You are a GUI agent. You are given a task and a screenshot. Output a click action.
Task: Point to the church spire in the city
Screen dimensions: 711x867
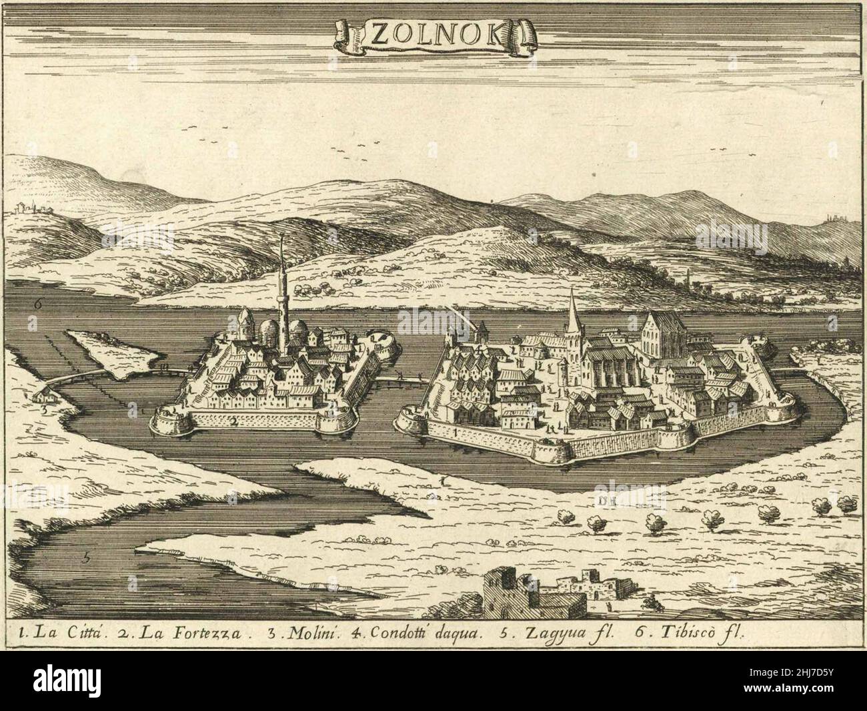pyautogui.click(x=572, y=314)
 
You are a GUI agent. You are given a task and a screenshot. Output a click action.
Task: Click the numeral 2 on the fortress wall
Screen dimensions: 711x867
pyautogui.click(x=233, y=421)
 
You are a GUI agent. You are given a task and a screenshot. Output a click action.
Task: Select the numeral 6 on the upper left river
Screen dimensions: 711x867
pyautogui.click(x=39, y=302)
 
